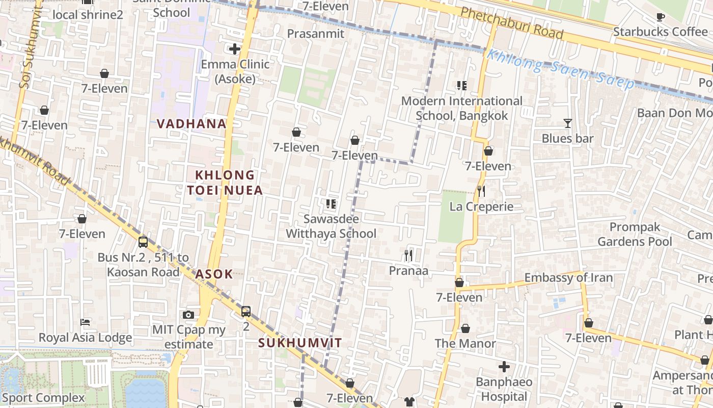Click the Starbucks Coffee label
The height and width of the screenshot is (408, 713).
coord(660,32)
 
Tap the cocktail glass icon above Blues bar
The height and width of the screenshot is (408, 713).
coord(567,123)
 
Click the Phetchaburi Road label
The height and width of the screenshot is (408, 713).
coord(512,23)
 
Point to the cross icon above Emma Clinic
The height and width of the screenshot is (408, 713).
coord(235,49)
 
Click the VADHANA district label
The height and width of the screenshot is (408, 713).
coord(191,123)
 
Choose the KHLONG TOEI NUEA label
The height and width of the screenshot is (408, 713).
coord(225,183)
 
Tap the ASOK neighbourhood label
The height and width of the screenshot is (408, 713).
coord(214,274)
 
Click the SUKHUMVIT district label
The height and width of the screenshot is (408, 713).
coord(299,343)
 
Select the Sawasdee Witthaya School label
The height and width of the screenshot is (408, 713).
coord(331,226)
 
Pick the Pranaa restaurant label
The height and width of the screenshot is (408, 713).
coord(408,271)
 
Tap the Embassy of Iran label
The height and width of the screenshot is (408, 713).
coord(568,278)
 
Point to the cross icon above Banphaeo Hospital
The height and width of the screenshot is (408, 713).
coord(504,367)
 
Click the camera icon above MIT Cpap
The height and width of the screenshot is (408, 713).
coord(188,315)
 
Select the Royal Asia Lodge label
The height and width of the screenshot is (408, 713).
coord(85,338)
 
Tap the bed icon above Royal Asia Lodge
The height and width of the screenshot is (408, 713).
coord(85,322)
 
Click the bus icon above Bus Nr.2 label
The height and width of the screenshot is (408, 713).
coord(143,242)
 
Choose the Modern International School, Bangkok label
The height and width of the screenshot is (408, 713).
coord(462,108)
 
